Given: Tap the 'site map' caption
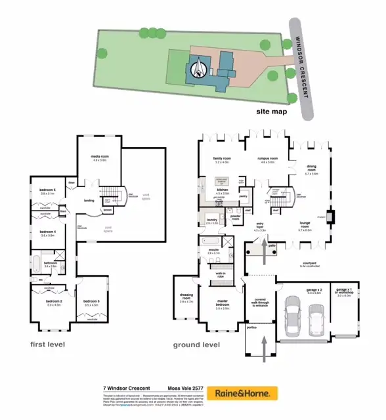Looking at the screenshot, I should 270,112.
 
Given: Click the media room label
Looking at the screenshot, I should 100,157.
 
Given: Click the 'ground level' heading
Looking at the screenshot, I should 196,345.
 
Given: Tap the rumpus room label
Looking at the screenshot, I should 267,159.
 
